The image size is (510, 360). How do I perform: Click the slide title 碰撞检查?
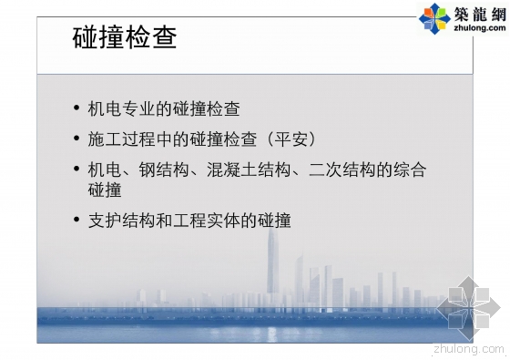[x=124, y=39]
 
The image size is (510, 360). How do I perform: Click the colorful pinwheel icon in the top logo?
[x=433, y=16]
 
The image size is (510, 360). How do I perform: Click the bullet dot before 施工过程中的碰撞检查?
[x=76, y=139]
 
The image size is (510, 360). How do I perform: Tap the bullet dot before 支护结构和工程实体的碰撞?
[x=76, y=220]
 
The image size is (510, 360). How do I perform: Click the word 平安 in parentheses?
[x=289, y=139]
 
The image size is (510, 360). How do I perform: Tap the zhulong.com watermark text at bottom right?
[x=470, y=347]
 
